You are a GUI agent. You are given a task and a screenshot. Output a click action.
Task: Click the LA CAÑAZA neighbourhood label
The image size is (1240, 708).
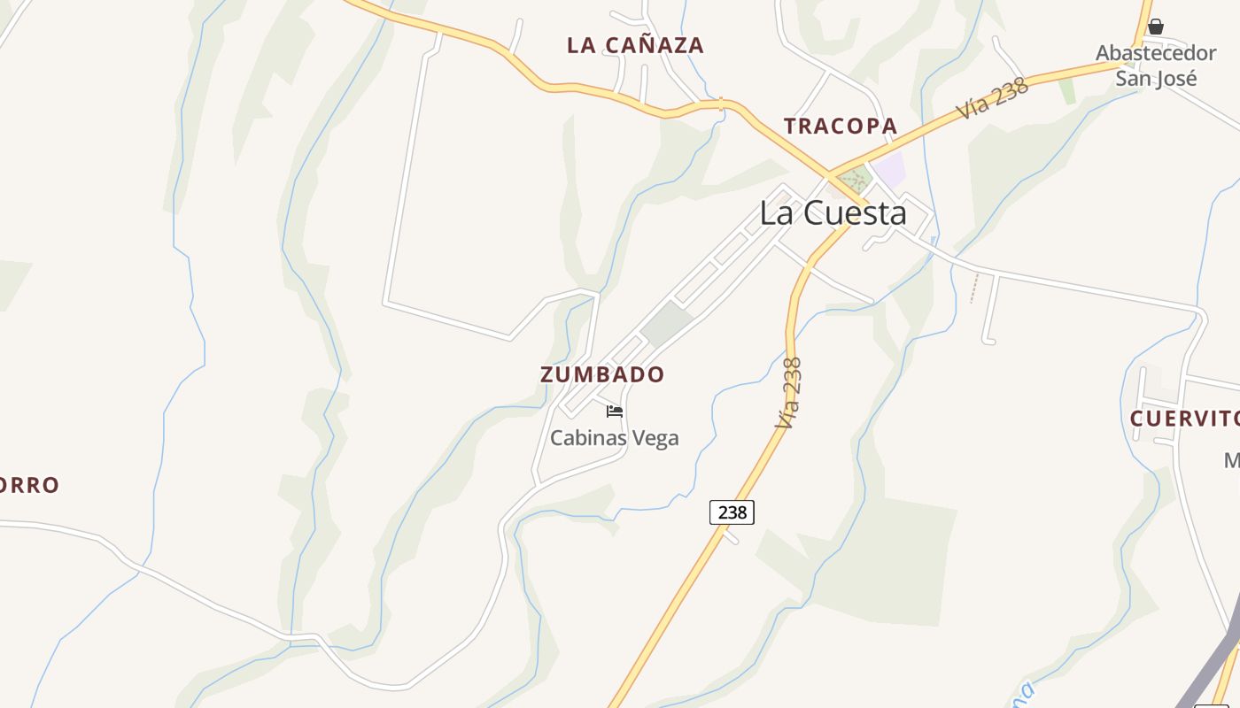(x=635, y=45)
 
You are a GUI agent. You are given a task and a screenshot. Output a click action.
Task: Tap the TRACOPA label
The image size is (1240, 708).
(x=841, y=127)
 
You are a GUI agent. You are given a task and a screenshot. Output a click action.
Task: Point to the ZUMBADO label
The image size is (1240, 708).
(x=602, y=374)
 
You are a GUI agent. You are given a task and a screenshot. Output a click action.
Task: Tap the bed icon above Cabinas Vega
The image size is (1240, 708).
(x=615, y=412)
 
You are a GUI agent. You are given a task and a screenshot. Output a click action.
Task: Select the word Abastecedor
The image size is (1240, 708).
(x=1157, y=53)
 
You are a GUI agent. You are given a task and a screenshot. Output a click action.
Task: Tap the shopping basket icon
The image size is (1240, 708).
(x=1156, y=27)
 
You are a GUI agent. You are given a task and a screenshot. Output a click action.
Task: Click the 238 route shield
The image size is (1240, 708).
(x=732, y=512)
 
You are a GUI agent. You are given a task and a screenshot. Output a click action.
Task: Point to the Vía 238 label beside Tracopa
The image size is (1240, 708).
(x=992, y=99)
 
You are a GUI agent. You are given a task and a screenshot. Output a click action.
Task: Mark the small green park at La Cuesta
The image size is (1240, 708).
(x=854, y=177)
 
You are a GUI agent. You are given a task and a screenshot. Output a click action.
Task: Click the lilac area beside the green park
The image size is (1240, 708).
(x=888, y=168)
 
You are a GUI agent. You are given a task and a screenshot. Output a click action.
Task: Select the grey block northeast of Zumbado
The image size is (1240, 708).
(x=667, y=324)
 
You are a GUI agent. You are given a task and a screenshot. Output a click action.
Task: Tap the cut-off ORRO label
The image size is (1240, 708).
(x=29, y=486)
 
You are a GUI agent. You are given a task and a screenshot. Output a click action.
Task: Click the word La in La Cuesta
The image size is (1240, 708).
(x=777, y=213)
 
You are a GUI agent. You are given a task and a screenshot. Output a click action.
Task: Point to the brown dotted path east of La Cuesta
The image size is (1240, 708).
(x=975, y=289)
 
